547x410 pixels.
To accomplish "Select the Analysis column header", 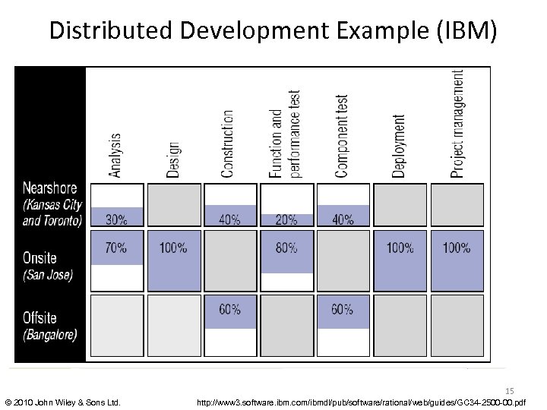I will coord(115,156).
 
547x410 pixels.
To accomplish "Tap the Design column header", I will coord(173,159).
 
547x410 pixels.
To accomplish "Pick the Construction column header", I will coord(228,143).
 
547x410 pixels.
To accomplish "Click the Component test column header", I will coord(342,136).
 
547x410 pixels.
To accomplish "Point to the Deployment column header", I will coord(400,146).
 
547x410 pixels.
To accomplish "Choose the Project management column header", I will coord(457,124).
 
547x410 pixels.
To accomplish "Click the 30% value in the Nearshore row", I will coord(116,220).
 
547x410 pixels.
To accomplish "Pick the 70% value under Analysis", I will coord(116,248).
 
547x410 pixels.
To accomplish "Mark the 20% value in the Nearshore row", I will coord(286,220).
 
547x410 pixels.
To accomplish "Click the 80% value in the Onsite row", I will coord(286,248).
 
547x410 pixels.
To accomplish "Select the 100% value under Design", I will coord(173,248).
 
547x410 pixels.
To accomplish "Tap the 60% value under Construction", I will coord(230,309).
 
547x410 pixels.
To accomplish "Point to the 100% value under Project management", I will coord(457,248).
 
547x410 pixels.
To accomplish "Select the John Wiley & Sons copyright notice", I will coord(62,401).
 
